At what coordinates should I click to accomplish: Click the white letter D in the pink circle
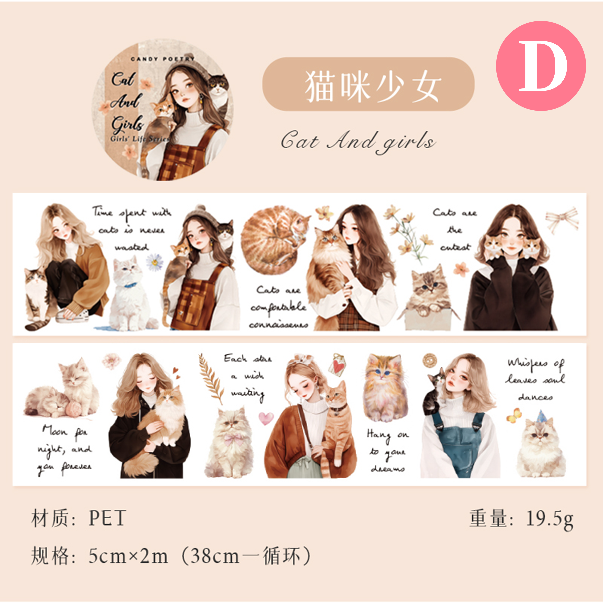[543, 66]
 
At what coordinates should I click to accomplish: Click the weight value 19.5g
[550, 519]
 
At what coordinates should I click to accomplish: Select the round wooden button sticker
[430, 360]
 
